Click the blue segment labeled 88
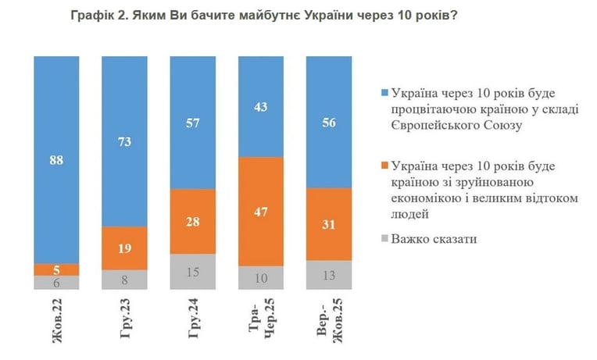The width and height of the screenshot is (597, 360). pyautogui.click(x=56, y=160)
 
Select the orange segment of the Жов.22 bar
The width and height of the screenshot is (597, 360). pyautogui.click(x=56, y=270)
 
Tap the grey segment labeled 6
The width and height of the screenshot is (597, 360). pyautogui.click(x=56, y=283)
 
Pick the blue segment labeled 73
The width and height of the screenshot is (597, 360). pyautogui.click(x=124, y=141)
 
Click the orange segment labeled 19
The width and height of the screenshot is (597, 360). pyautogui.click(x=124, y=248)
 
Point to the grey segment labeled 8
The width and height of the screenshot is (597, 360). pyautogui.click(x=124, y=280)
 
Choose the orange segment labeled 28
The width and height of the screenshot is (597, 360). pyautogui.click(x=193, y=222)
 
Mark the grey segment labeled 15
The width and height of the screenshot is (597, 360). pyautogui.click(x=193, y=272)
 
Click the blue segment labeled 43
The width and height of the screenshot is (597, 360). pyautogui.click(x=261, y=106)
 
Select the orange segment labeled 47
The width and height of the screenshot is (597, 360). pyautogui.click(x=261, y=212)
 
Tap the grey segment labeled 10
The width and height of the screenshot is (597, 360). pyautogui.click(x=261, y=278)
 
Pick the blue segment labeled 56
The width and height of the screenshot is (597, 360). pyautogui.click(x=329, y=122)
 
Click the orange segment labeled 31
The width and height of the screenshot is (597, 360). pyautogui.click(x=329, y=224)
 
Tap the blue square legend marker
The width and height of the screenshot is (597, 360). pyautogui.click(x=384, y=93)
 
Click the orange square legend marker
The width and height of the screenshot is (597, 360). pyautogui.click(x=384, y=166)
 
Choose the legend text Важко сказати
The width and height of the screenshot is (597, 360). pyautogui.click(x=434, y=239)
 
